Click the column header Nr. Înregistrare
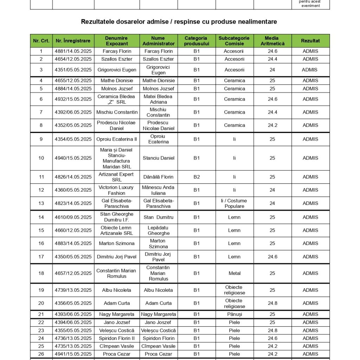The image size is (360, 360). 73,41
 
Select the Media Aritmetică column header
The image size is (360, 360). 272,41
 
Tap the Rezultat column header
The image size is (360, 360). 310,41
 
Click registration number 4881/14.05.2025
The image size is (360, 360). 73,51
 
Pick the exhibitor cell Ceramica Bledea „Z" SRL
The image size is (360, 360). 117,99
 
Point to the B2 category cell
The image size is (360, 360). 197,177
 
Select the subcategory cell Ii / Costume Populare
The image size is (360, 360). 234,203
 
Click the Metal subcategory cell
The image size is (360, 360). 234,273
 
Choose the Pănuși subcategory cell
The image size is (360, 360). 234,314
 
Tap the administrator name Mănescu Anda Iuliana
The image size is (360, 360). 158,190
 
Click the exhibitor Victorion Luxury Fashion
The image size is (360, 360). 117,190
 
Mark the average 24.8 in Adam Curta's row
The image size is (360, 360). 272,303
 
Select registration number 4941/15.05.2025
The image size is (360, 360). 73,354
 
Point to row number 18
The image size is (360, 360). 41,273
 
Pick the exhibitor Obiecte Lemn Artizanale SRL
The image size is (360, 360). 117,230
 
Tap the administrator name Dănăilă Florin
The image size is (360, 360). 158,177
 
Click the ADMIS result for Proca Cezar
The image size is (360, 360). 310,354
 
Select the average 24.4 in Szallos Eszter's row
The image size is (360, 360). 272,59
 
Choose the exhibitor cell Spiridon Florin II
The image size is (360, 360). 117,338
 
